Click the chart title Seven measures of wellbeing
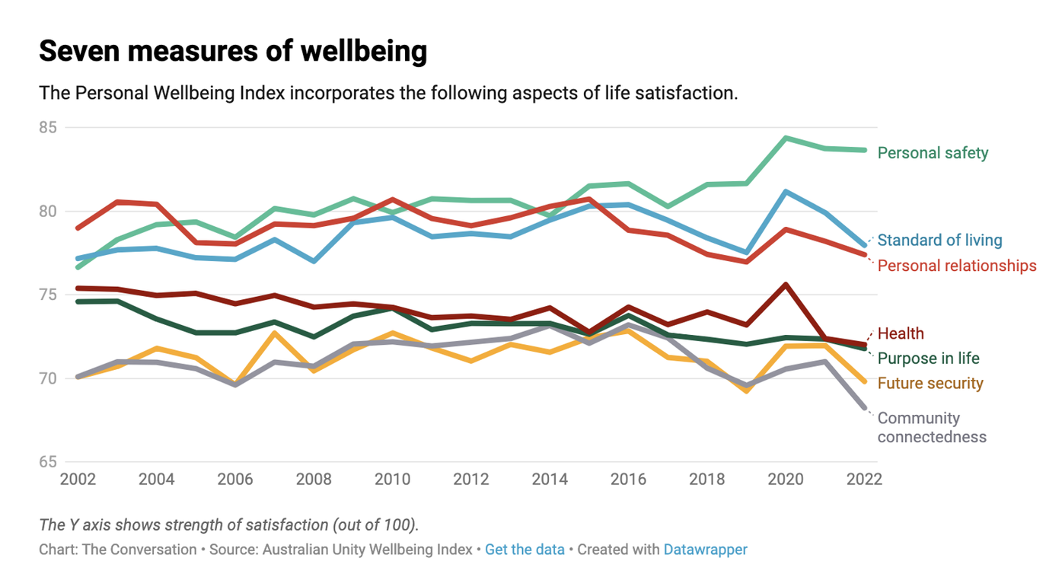pos(233,52)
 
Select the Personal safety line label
pos(933,153)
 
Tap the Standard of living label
pos(939,241)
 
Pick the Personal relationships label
pos(957,266)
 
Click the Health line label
pos(901,333)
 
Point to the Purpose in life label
pos(928,359)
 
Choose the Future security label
pos(930,384)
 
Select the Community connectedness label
pos(932,428)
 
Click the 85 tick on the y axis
pos(48,127)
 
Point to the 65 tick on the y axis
pos(48,462)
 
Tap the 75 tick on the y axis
pos(48,295)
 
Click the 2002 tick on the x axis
pos(78,480)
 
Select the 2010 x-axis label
pos(392,480)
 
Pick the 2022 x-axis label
pos(863,480)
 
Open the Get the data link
pos(525,550)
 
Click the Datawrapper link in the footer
pos(705,550)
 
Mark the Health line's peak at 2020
pos(785,285)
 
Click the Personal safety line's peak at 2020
pos(785,138)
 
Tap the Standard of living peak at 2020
pos(785,192)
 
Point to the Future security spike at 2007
pos(274,333)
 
